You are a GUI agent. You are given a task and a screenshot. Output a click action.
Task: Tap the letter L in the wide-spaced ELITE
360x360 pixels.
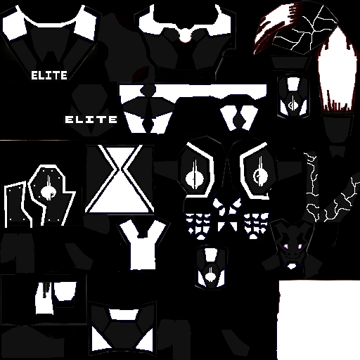(81, 120)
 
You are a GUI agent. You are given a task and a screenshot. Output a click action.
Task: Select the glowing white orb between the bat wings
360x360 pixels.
(186, 36)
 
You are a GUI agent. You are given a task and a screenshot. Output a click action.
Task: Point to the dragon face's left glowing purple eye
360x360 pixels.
(285, 246)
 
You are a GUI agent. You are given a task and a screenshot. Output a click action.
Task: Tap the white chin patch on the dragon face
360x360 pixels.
(292, 266)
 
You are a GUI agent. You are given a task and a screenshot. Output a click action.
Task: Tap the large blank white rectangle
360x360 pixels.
(319, 320)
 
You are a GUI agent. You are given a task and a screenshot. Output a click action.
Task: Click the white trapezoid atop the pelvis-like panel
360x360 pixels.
(124, 314)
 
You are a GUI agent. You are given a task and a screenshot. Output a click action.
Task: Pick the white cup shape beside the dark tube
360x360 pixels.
(65, 291)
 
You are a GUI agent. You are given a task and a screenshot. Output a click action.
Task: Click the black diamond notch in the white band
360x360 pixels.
(148, 90)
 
